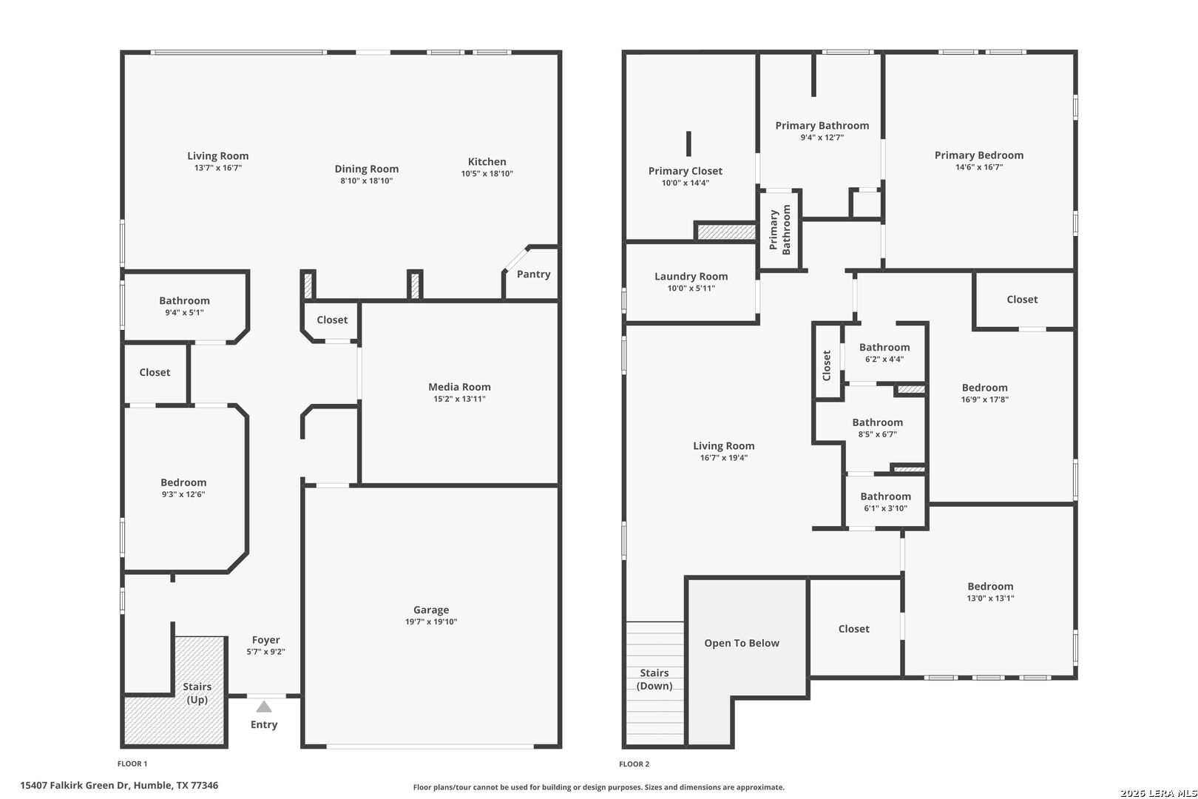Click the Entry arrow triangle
(264, 707)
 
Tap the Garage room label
(431, 610)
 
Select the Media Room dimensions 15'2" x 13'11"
(459, 399)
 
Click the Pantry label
(533, 274)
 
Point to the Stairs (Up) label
(197, 693)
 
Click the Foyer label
(265, 640)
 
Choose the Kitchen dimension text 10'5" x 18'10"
(487, 173)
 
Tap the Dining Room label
(366, 169)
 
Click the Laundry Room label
(691, 277)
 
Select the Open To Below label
(741, 643)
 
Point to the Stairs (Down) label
(654, 679)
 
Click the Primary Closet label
(685, 171)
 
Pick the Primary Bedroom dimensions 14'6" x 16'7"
(978, 167)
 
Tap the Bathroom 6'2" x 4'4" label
(884, 347)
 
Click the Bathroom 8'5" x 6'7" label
(877, 422)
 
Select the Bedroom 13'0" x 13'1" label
(990, 587)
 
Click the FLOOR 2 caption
(634, 763)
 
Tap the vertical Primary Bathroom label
(779, 229)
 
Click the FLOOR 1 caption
(132, 763)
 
